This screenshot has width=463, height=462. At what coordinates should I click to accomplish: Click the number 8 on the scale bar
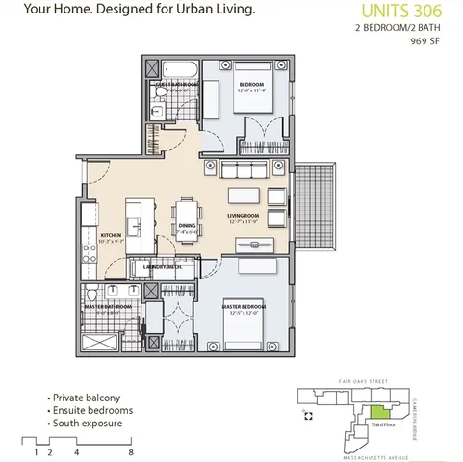(x=129, y=449)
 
